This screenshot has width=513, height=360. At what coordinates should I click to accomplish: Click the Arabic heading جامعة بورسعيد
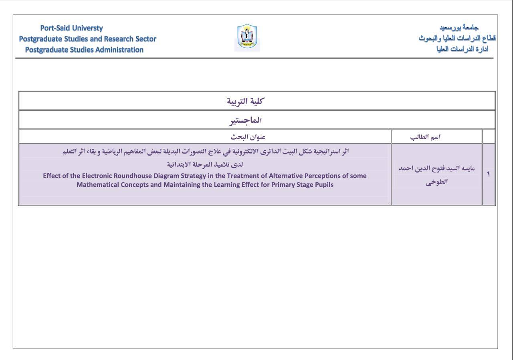click(459, 28)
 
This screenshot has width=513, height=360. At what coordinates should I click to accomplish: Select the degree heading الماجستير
click(245, 120)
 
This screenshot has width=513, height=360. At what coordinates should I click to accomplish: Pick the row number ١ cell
click(488, 174)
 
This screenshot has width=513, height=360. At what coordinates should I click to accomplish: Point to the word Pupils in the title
click(324, 185)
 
